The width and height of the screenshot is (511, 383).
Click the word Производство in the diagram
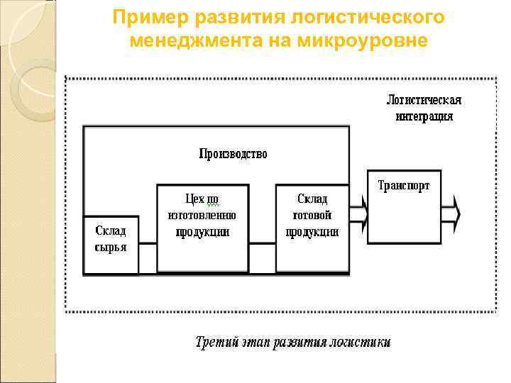[233, 153]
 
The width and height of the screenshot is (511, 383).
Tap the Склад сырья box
[111, 244]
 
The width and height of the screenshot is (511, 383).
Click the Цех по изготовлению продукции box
[202, 228]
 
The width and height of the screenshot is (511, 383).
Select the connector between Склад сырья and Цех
[148, 244]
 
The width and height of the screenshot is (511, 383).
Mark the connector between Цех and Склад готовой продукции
[262, 244]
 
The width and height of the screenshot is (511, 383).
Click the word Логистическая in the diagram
[424, 99]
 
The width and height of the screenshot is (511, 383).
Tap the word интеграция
[424, 116]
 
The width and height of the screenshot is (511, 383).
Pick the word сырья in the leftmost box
[111, 248]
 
